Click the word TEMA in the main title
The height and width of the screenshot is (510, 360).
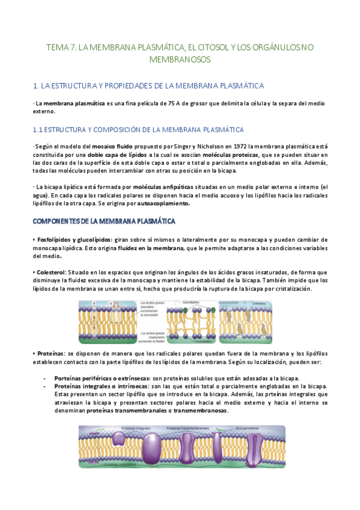[x=58, y=47]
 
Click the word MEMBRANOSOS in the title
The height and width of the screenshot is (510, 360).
[x=180, y=60]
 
